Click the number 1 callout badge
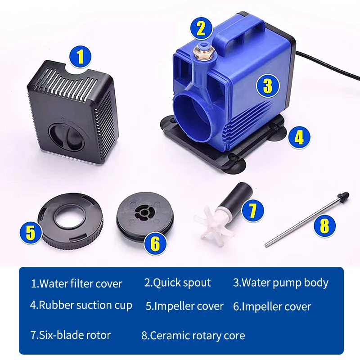pyautogui.click(x=80, y=57)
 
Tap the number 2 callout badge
pyautogui.click(x=201, y=28)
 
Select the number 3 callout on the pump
pyautogui.click(x=268, y=85)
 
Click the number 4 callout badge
pyautogui.click(x=299, y=137)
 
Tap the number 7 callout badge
pyautogui.click(x=252, y=210)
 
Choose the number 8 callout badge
pyautogui.click(x=324, y=225)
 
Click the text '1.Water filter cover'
pyautogui.click(x=76, y=284)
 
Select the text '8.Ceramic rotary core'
pyautogui.click(x=193, y=336)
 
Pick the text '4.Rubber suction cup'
pyautogui.click(x=81, y=305)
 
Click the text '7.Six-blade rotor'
pyautogui.click(x=70, y=335)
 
